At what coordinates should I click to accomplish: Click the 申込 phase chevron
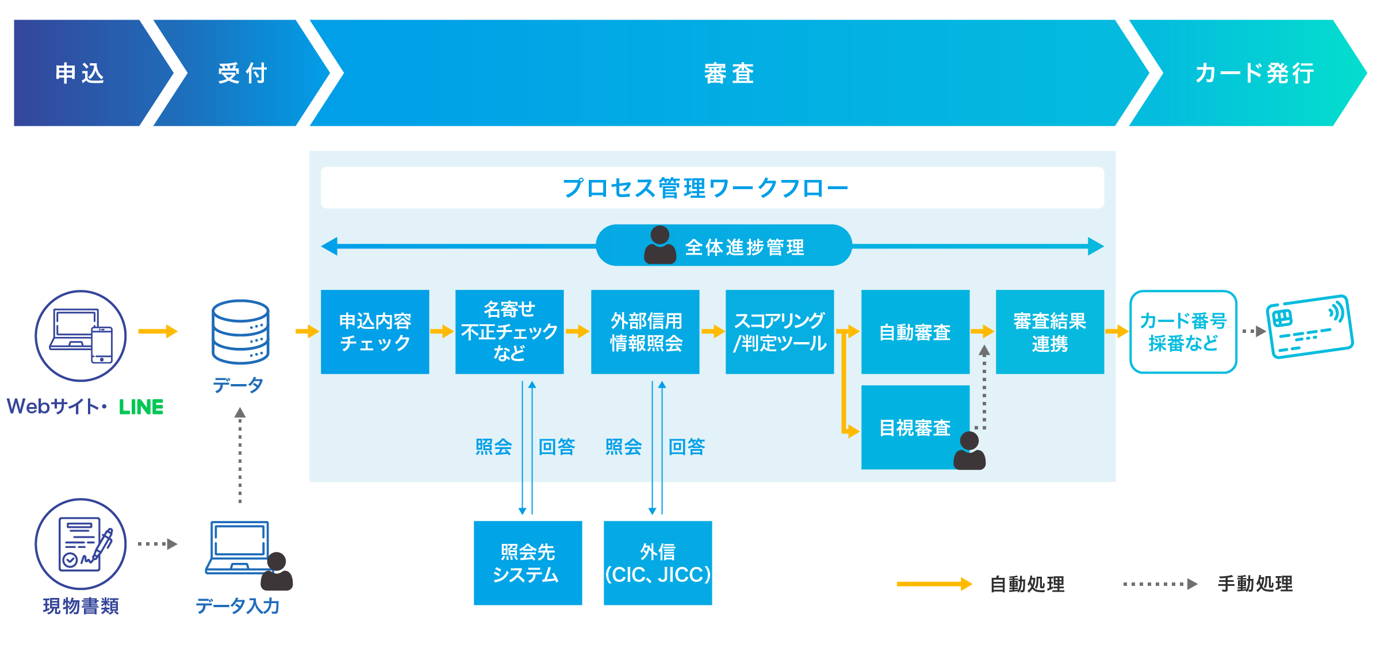click(80, 73)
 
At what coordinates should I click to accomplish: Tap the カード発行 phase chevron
click(1253, 73)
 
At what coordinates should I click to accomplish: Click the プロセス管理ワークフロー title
click(706, 188)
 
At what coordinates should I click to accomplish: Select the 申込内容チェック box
click(375, 332)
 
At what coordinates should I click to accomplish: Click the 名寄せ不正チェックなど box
click(509, 332)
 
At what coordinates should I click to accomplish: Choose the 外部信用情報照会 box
click(645, 332)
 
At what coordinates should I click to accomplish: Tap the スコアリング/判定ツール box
click(780, 332)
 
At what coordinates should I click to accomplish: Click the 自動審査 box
click(915, 332)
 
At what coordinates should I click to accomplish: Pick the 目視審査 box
click(915, 427)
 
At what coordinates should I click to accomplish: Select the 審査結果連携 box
click(1049, 332)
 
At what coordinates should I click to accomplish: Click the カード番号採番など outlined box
click(1183, 332)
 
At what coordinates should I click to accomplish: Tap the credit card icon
click(1309, 327)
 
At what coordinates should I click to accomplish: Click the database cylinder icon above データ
click(240, 332)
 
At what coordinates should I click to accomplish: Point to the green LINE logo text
click(141, 407)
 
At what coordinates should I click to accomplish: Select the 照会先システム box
click(528, 563)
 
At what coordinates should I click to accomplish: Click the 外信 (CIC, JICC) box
click(658, 563)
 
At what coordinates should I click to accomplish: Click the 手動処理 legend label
click(1255, 584)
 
